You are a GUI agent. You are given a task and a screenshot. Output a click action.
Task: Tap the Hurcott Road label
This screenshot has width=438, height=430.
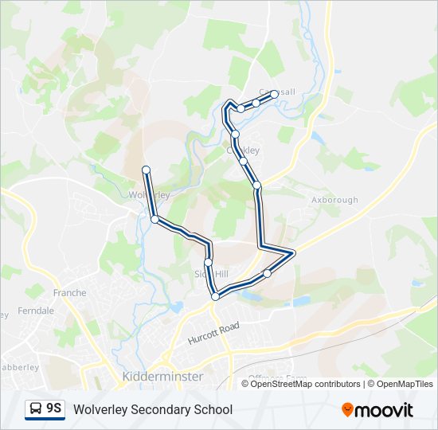(213, 333)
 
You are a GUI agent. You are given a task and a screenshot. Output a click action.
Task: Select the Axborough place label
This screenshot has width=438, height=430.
(334, 200)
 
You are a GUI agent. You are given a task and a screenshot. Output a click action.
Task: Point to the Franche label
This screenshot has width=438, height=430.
(69, 293)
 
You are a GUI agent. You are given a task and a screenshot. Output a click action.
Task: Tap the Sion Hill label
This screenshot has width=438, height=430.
(212, 274)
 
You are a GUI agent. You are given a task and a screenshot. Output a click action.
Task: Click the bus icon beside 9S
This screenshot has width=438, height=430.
(36, 409)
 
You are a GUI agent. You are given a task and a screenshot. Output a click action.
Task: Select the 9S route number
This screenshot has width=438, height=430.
(54, 408)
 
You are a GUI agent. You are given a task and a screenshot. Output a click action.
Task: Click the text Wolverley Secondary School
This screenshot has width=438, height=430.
(153, 409)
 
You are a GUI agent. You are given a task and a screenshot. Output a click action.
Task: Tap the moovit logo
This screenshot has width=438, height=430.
(377, 409)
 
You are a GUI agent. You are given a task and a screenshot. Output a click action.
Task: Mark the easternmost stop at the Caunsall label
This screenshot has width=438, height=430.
(275, 94)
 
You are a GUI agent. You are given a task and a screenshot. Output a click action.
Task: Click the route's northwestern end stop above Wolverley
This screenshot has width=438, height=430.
(146, 169)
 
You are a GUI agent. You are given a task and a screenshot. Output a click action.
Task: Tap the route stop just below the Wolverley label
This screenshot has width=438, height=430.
(154, 218)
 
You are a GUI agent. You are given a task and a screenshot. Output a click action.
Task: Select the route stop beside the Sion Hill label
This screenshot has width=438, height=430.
(209, 262)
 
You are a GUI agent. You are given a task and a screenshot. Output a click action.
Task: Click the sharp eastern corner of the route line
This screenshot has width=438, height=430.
(294, 253)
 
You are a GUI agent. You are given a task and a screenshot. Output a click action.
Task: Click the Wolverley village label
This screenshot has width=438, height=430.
(149, 194)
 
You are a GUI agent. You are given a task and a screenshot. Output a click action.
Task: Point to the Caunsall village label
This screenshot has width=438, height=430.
(276, 92)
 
